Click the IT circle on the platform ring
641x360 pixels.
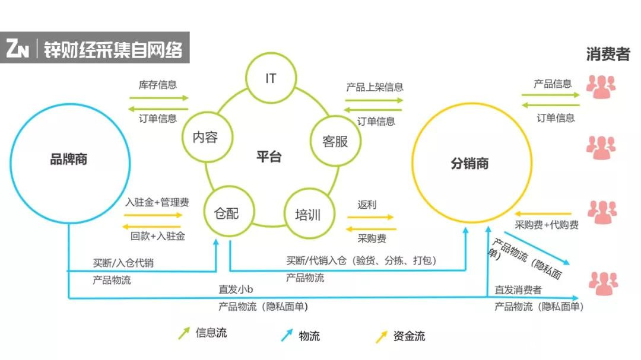coord(271,78)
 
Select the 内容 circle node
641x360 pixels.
coord(205,138)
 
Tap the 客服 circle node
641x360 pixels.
coord(335,141)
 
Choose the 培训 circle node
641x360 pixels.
coord(307,214)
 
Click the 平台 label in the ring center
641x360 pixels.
coord(269,157)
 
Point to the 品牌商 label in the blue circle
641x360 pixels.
coord(69,159)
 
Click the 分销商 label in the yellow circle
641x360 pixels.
coord(469,164)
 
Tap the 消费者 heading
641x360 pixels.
coord(608,55)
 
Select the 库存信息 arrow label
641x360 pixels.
coord(158,85)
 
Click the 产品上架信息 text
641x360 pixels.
coord(375,87)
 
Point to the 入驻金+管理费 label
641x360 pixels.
coord(158,203)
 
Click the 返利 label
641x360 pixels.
coord(366,205)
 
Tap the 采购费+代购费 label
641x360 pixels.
coord(547,225)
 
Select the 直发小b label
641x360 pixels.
coord(236,289)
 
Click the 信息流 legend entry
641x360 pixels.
coord(211,333)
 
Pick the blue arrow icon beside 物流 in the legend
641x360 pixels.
coord(287,336)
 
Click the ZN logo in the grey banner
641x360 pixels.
coord(18,49)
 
